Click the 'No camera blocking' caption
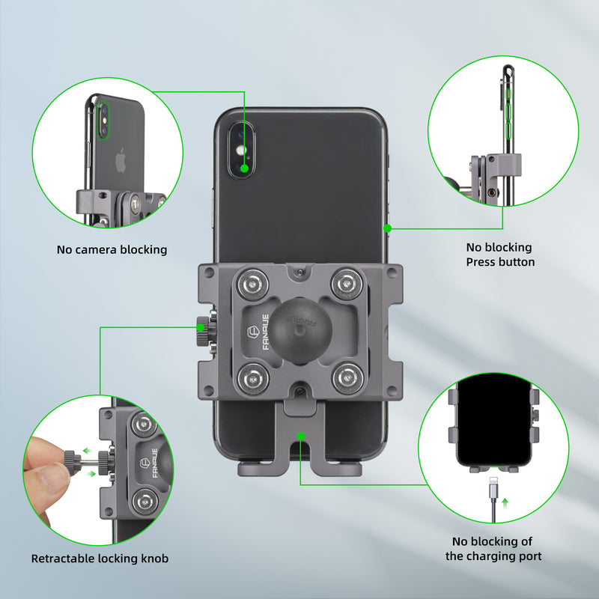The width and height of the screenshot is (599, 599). tap(112, 249)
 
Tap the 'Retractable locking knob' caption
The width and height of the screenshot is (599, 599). tap(100, 559)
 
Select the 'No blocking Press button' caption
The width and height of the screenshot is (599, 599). tap(500, 255)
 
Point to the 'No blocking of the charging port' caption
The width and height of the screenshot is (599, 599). tap(493, 549)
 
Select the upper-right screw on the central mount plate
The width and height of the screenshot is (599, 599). tap(346, 282)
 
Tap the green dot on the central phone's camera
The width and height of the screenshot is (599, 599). tap(245, 168)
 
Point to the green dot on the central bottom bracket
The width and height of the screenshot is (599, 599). tap(300, 434)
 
